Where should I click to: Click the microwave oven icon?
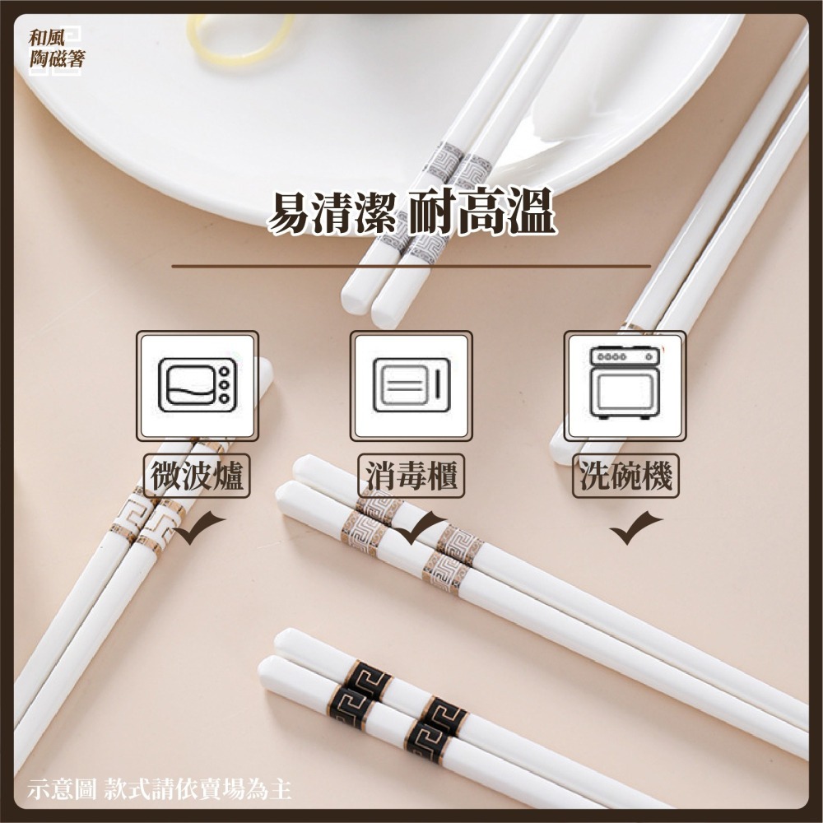(198, 385)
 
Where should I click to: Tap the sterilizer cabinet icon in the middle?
(411, 385)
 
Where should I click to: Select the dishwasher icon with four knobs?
(625, 384)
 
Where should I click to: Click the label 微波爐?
(198, 477)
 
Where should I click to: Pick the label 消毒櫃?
(411, 477)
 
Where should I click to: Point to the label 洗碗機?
(625, 477)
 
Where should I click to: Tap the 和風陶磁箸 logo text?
(55, 49)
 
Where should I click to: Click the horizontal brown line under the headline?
(411, 267)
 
